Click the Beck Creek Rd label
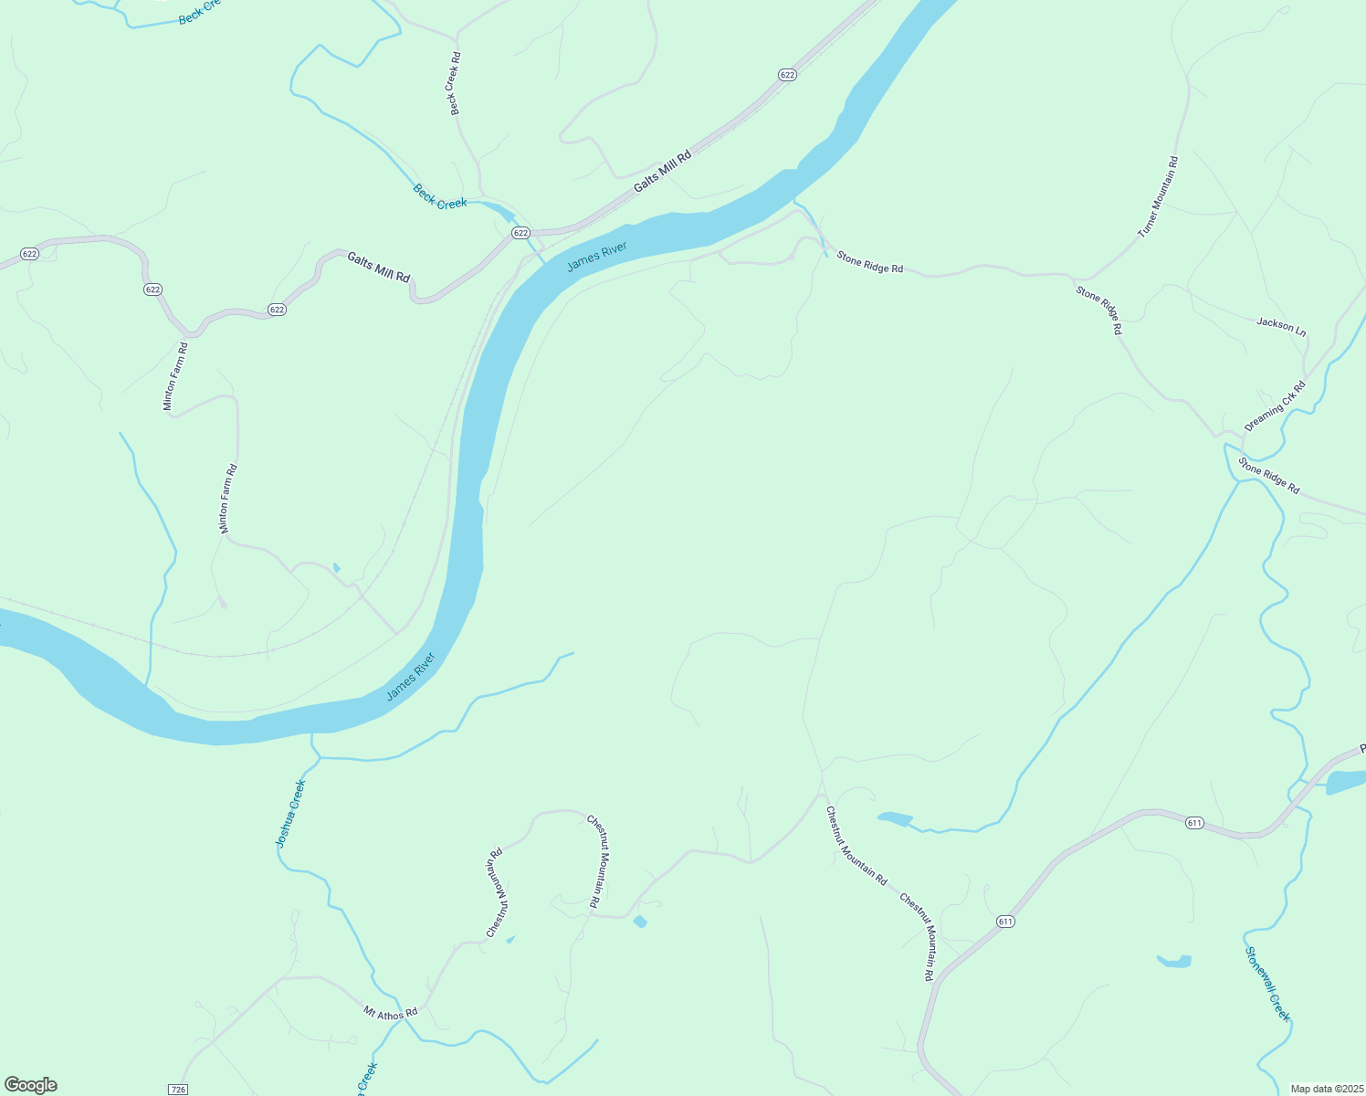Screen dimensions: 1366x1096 click(455, 84)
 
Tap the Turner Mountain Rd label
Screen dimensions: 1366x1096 click(1158, 197)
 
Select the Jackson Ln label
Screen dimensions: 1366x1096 click(1281, 325)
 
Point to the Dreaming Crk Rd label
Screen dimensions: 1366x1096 click(1275, 406)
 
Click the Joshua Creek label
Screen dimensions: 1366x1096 click(290, 813)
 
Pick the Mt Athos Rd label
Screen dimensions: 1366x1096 click(390, 1012)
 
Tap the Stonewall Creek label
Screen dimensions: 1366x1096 click(1268, 984)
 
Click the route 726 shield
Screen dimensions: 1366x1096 click(178, 1090)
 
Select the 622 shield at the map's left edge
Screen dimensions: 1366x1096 click(29, 254)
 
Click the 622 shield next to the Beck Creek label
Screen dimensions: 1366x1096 click(520, 233)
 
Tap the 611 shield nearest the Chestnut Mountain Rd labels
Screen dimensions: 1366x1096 click(1005, 922)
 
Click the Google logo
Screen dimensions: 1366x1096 click(31, 1085)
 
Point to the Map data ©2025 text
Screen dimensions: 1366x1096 click(1326, 1089)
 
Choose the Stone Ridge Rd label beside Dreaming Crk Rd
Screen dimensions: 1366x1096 click(1268, 475)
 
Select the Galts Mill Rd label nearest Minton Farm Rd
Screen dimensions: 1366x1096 click(378, 267)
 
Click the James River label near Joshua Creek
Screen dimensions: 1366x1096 click(411, 677)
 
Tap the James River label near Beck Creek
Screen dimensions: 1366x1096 click(597, 258)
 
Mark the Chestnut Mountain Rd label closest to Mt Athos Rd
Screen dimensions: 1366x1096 click(495, 893)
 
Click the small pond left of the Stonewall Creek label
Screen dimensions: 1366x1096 click(1174, 961)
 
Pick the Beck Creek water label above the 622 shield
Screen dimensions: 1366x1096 click(440, 197)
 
